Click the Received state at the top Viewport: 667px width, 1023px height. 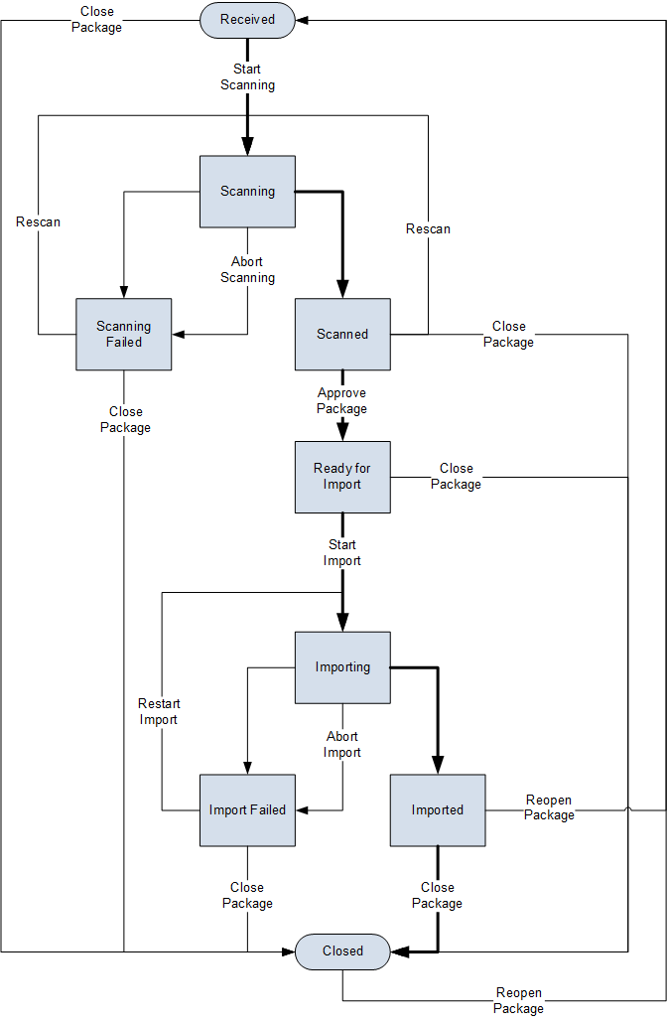(x=247, y=20)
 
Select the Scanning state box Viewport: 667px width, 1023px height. (x=247, y=191)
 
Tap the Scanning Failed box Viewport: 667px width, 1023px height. (x=124, y=334)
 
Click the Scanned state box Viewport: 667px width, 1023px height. (x=342, y=334)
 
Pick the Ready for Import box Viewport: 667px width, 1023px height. (x=342, y=477)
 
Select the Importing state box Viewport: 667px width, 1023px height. (x=342, y=667)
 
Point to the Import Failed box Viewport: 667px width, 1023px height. (x=247, y=810)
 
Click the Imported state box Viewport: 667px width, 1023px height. (x=438, y=810)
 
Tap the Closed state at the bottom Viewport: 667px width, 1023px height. (x=342, y=951)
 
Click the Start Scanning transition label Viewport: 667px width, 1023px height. (x=247, y=77)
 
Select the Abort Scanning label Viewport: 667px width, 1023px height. (x=247, y=270)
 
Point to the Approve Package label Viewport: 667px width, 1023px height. (x=342, y=401)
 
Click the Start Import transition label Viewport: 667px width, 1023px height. (x=342, y=553)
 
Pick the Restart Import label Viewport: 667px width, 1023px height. (x=159, y=712)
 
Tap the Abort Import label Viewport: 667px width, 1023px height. (x=342, y=745)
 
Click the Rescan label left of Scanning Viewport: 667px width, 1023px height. (x=38, y=222)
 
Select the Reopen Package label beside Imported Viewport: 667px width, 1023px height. (x=549, y=808)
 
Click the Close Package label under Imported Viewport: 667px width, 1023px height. (x=438, y=896)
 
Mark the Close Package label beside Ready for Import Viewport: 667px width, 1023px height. (x=457, y=477)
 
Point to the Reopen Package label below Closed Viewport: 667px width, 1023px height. (x=518, y=1001)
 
